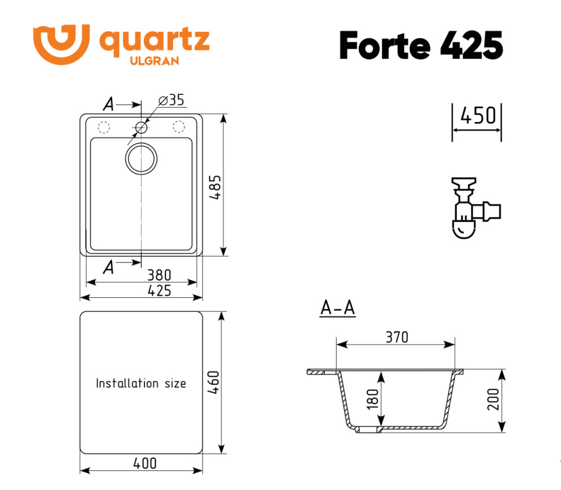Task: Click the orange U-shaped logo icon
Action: (61, 43)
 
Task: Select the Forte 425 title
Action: (420, 45)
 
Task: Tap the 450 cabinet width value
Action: (477, 116)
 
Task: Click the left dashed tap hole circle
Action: (104, 127)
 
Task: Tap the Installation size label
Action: (141, 383)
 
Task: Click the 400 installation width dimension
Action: (145, 463)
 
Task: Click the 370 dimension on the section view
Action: (397, 337)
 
